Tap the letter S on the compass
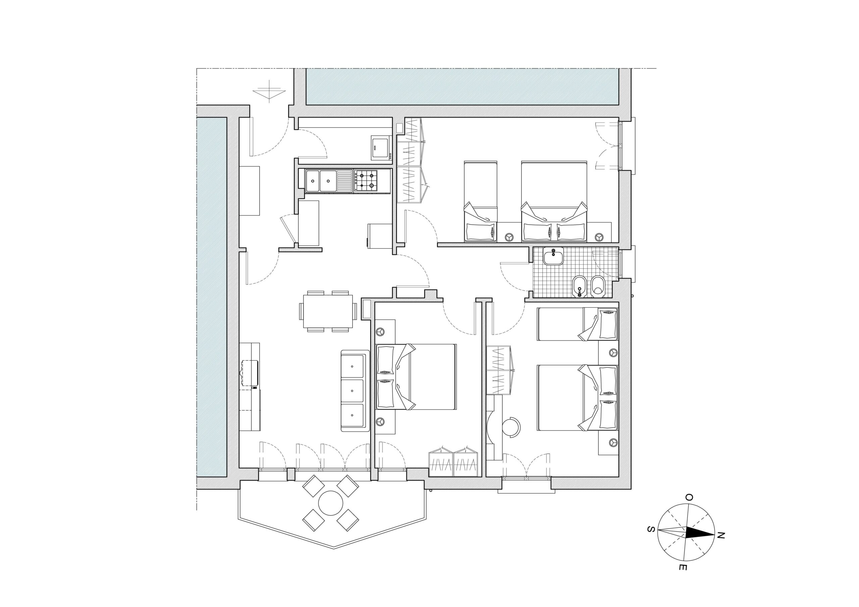pyautogui.click(x=651, y=529)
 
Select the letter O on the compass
pyautogui.click(x=689, y=497)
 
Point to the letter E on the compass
pyautogui.click(x=682, y=567)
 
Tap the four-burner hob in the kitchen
pyautogui.click(x=366, y=181)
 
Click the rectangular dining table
pyautogui.click(x=328, y=311)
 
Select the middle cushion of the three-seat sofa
pyautogui.click(x=352, y=391)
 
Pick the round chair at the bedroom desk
pyautogui.click(x=511, y=426)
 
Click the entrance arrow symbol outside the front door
pyautogui.click(x=269, y=91)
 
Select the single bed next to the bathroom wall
pyautogui.click(x=577, y=324)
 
